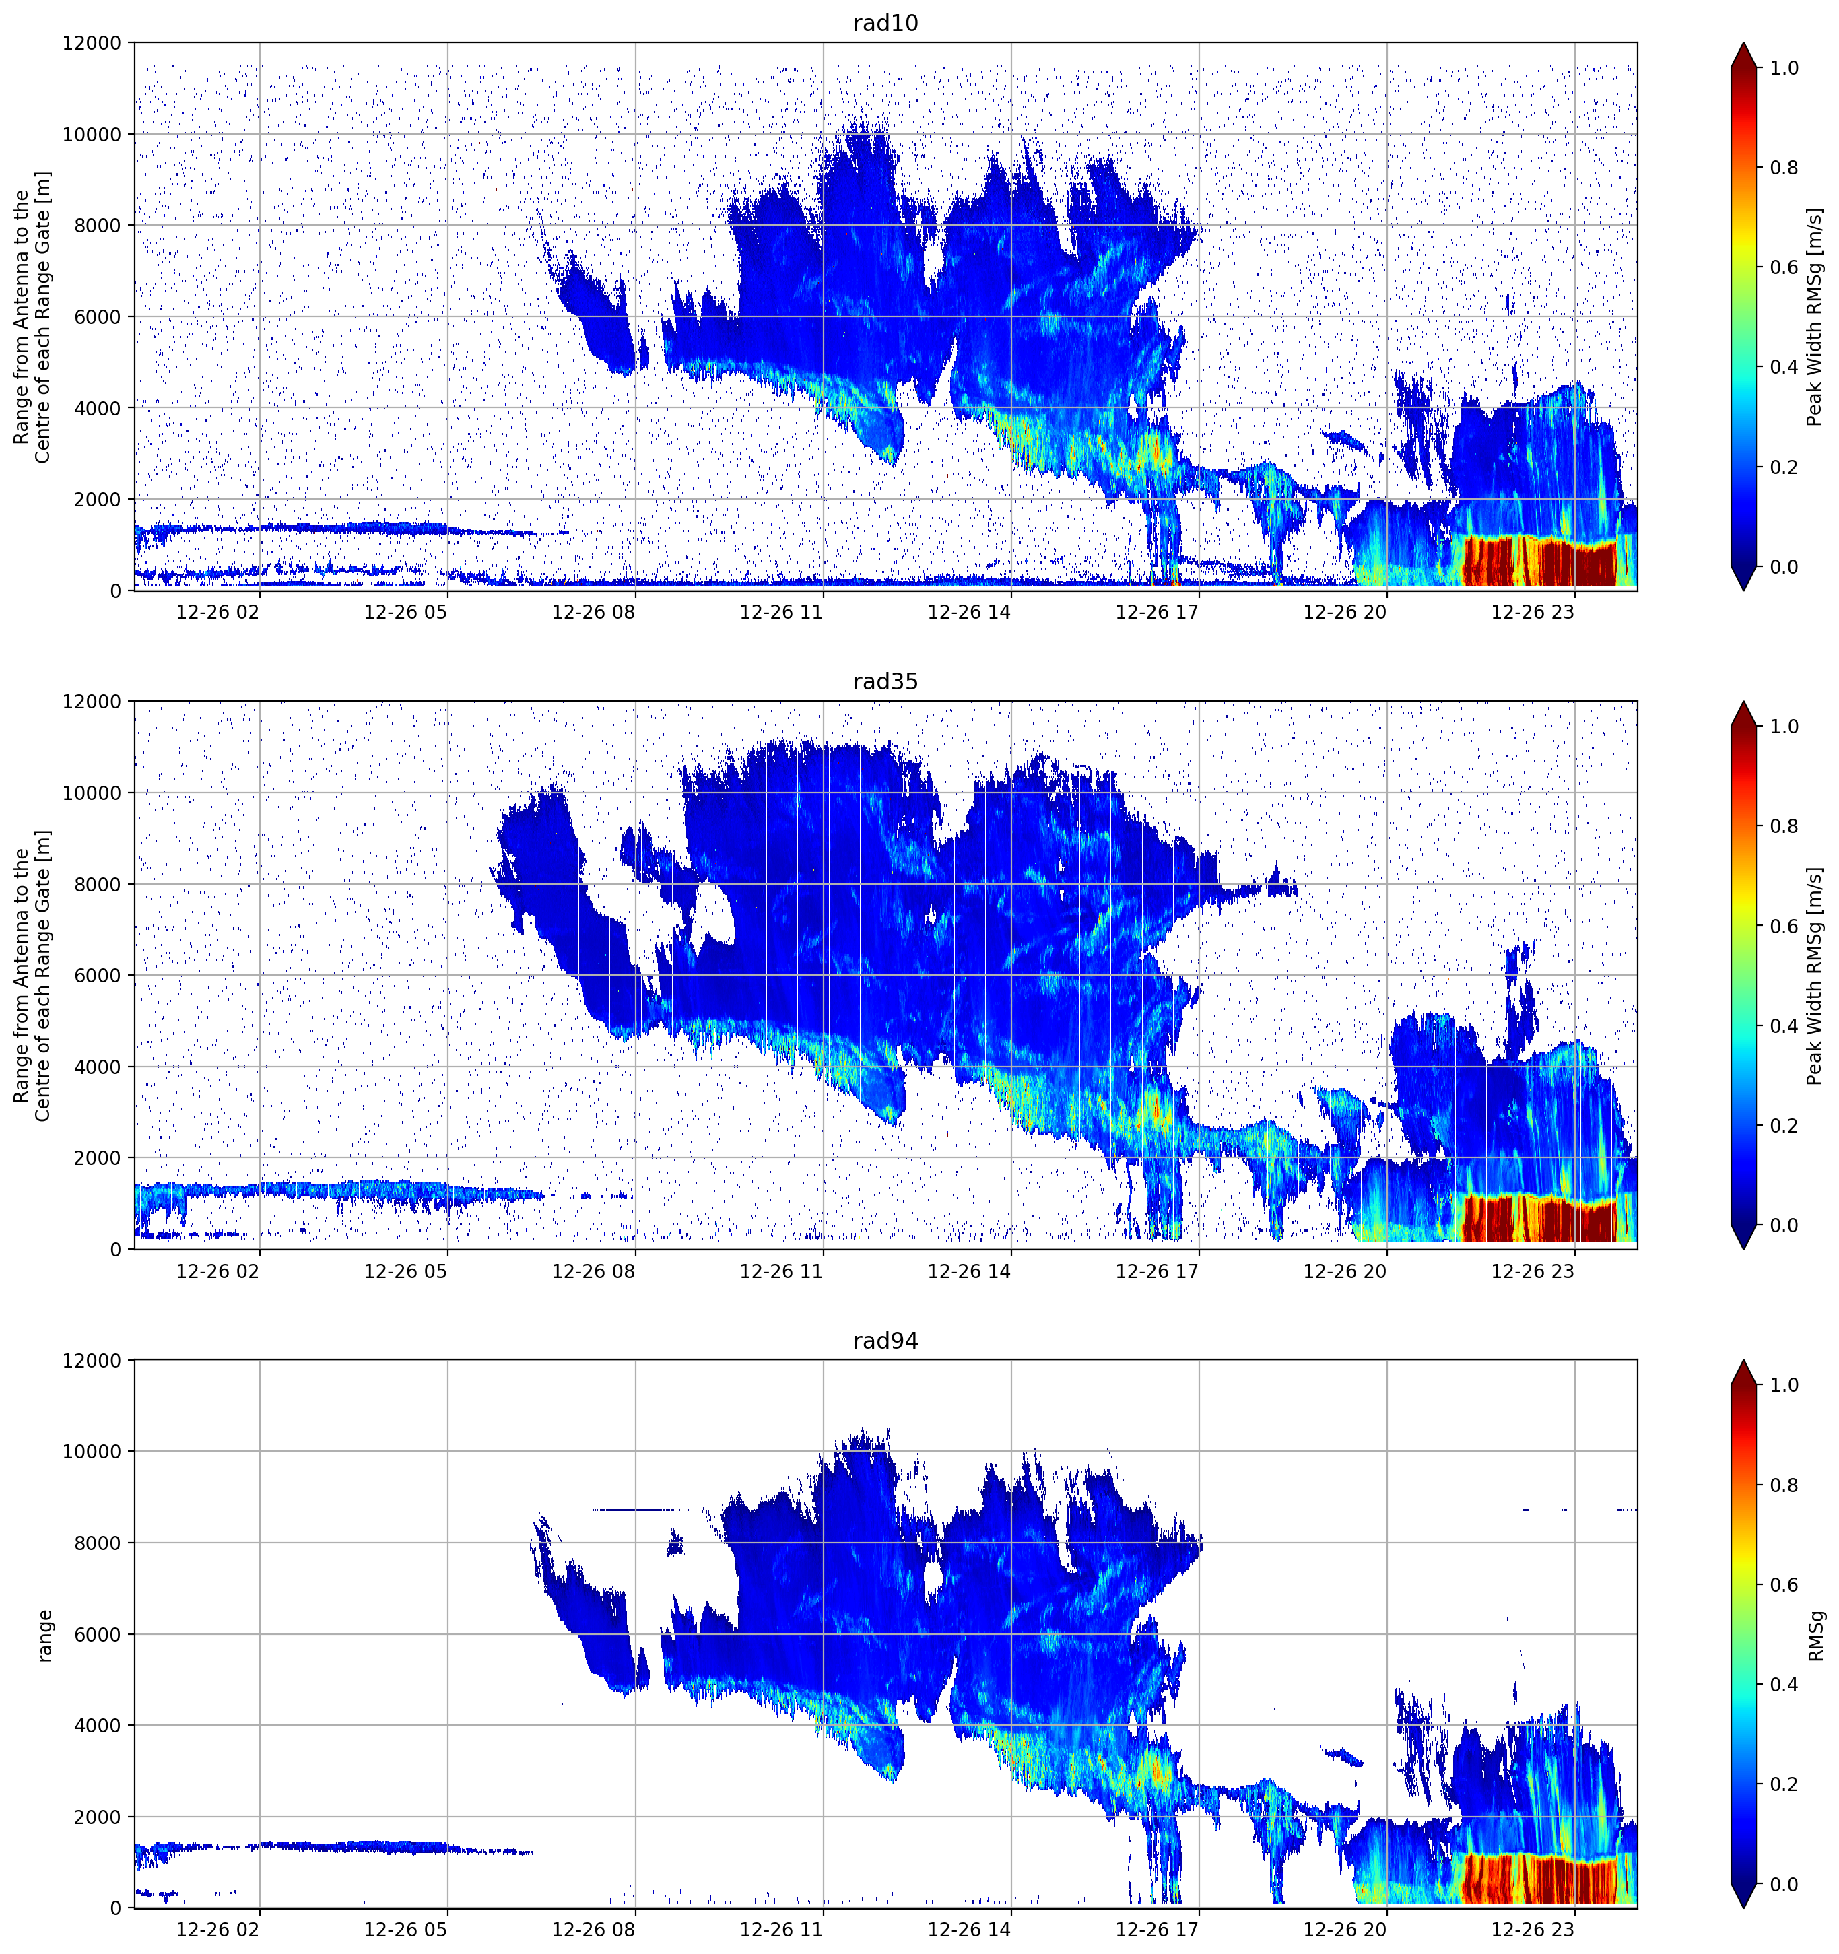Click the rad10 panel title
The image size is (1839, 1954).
pos(885,23)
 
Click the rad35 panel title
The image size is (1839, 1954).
pos(885,681)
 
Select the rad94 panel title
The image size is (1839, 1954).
pos(885,1341)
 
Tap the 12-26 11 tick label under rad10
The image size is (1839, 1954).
pos(780,612)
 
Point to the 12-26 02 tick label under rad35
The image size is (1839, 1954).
pos(218,1271)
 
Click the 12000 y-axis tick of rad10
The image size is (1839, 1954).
pos(92,43)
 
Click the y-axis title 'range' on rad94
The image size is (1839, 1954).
pos(44,1635)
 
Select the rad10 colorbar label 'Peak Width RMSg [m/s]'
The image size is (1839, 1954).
pos(1815,316)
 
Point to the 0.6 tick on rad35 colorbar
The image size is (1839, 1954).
pos(1784,926)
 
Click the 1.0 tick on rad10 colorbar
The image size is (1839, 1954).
pos(1784,68)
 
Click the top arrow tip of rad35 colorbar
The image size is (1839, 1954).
pos(1743,702)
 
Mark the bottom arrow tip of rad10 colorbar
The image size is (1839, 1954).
pos(1743,590)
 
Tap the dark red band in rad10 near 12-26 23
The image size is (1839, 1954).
pos(1539,562)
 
